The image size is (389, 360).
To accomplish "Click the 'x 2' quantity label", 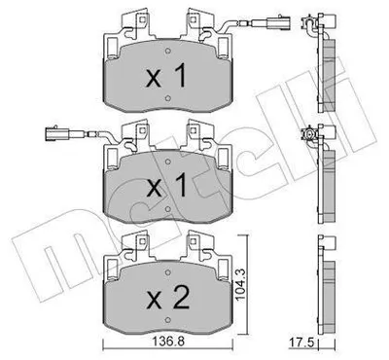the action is (168, 299).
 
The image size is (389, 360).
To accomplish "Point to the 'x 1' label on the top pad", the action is (166, 75).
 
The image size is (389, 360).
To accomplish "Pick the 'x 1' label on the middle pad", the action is (166, 185).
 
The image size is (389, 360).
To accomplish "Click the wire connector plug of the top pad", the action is (279, 24).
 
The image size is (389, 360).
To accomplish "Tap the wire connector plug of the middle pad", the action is (56, 133).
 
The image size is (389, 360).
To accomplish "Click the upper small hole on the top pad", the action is (167, 52).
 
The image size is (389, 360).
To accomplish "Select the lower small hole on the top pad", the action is (167, 97).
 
